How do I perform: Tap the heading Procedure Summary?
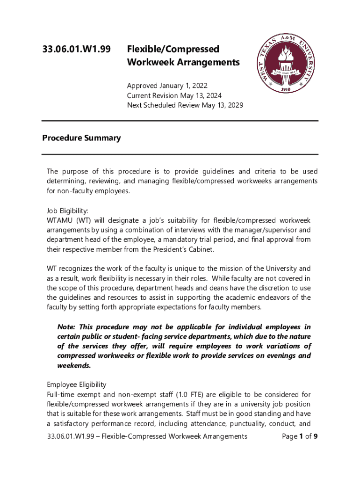click(x=81, y=138)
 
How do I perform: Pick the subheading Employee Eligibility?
click(x=76, y=385)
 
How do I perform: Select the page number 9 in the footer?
click(x=316, y=436)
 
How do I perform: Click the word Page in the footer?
click(x=290, y=436)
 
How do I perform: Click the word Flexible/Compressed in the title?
click(x=173, y=49)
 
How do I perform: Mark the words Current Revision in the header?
click(x=152, y=96)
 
